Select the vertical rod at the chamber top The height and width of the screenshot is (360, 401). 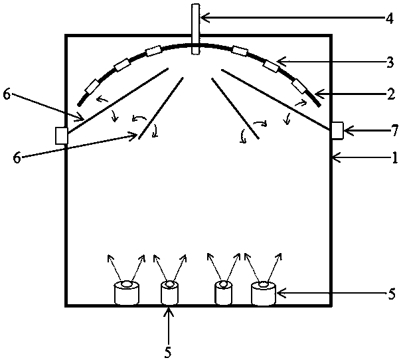coord(195,30)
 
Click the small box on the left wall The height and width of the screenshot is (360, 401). coord(62,135)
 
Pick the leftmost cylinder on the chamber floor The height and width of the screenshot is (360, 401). coord(125,293)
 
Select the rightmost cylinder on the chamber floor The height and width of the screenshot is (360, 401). coord(264,294)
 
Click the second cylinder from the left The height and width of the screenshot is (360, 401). coord(169,293)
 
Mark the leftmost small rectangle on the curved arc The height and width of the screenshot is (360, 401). coord(92,86)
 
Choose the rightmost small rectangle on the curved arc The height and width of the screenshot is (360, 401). coord(300,86)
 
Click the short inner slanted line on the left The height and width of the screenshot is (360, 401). coord(161,108)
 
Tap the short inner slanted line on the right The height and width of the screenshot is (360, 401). coord(234,108)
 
